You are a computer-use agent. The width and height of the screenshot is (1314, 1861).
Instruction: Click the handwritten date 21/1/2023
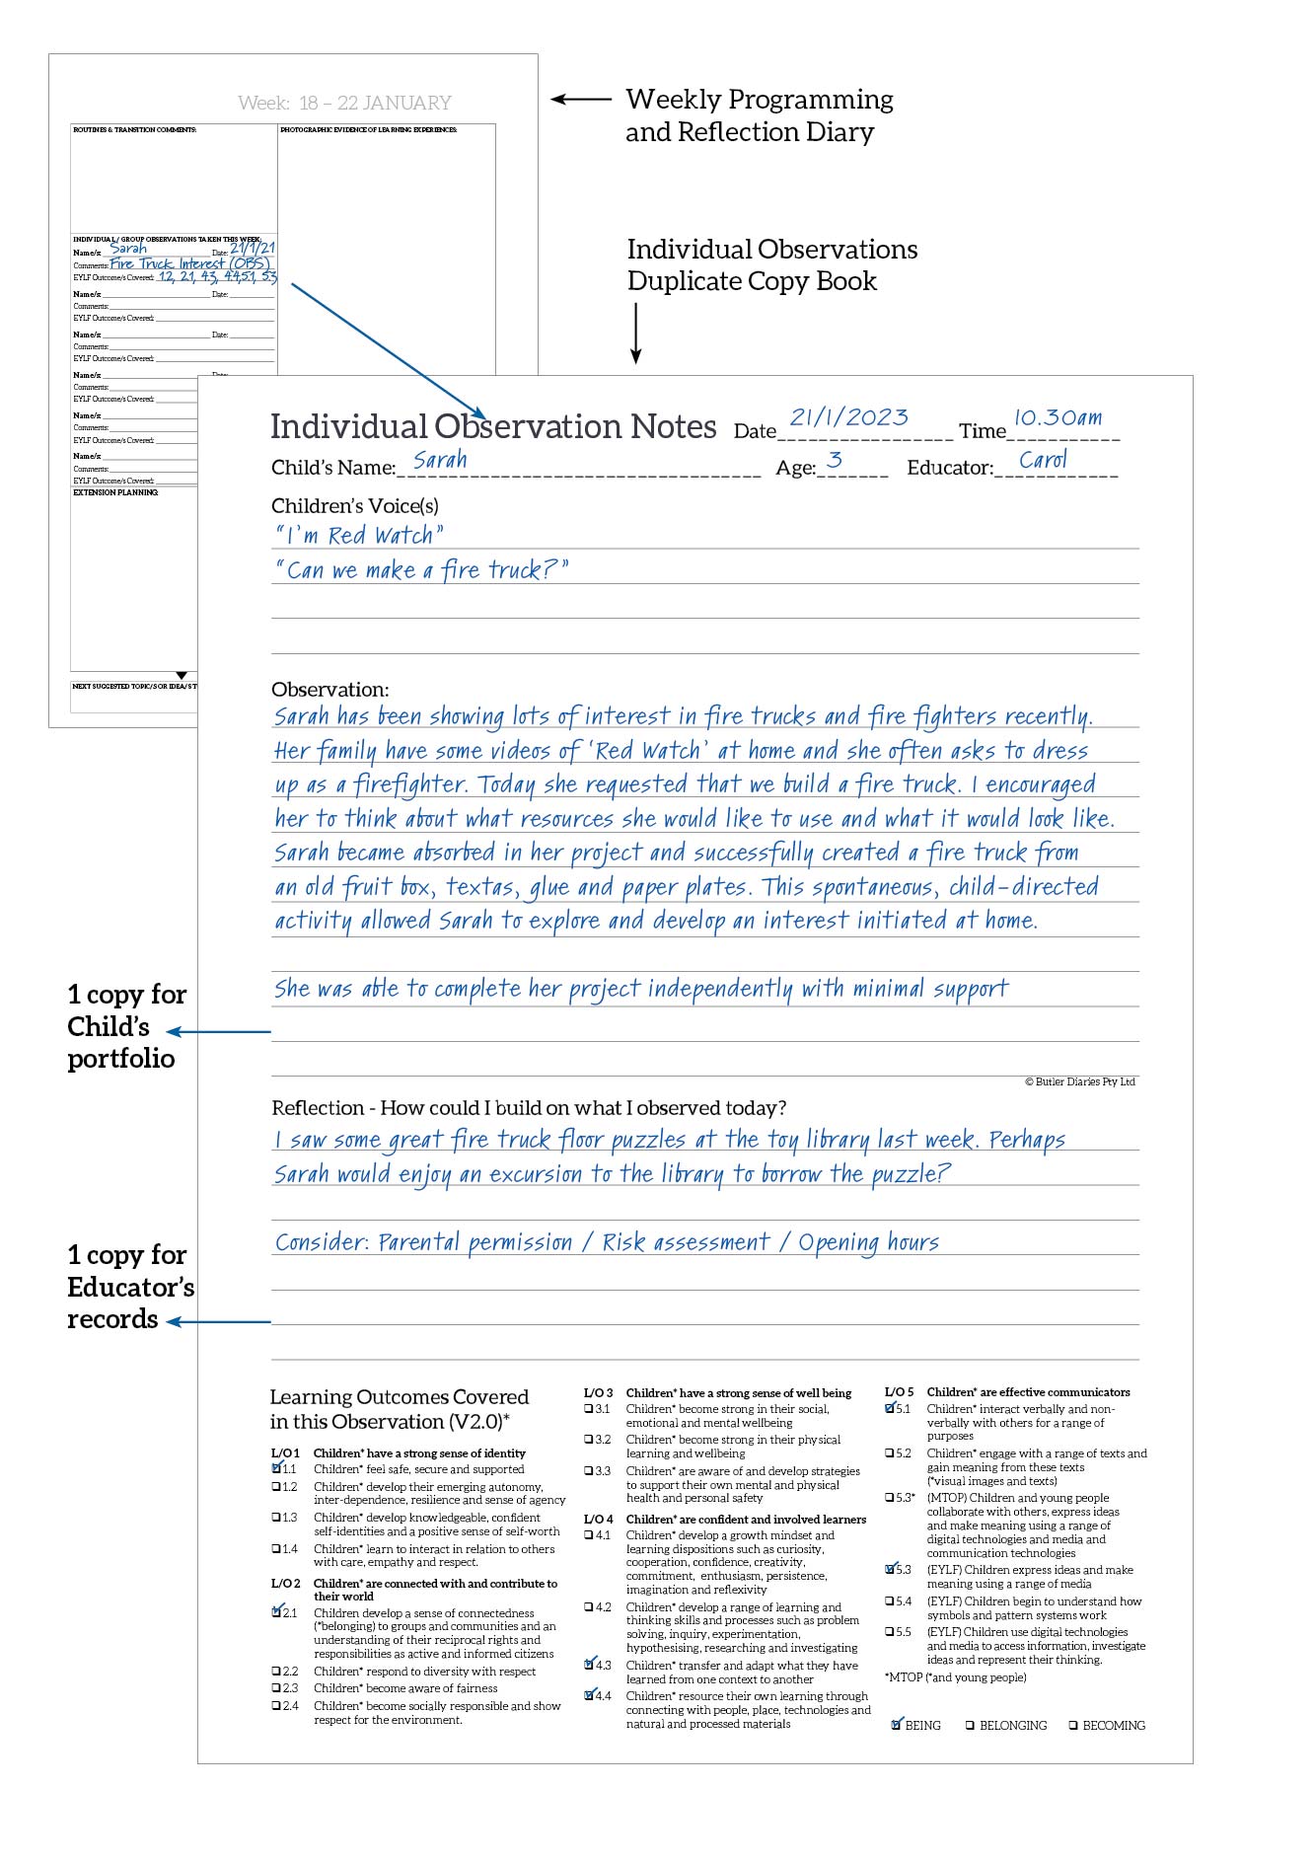pos(848,417)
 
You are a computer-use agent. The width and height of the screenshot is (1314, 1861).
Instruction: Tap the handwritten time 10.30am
pos(1058,417)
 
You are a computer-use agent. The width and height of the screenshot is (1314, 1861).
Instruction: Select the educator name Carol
pos(1043,460)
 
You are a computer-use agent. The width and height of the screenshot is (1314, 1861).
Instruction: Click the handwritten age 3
pos(835,460)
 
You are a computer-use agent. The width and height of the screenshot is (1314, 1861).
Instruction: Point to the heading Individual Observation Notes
pos(493,426)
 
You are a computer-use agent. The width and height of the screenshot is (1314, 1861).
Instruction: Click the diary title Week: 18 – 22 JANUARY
pos(344,103)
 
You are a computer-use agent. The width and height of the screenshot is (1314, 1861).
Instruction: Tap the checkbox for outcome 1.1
pos(277,1468)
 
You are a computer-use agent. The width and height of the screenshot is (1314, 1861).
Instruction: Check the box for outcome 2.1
pos(277,1612)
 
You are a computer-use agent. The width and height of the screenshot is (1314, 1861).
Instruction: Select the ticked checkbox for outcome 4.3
pos(590,1665)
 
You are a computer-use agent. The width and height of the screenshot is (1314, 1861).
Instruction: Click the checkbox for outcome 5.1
pos(891,1408)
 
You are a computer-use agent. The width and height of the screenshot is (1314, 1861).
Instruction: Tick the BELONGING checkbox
pos(970,1726)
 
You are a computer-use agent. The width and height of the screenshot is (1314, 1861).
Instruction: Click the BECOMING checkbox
pos(1072,1726)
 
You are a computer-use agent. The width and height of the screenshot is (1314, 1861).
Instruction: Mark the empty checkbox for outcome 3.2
pos(589,1440)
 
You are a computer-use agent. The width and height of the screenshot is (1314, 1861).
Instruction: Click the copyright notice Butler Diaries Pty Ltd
pos(1080,1081)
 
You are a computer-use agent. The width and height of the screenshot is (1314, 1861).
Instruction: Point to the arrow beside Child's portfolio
pos(218,1032)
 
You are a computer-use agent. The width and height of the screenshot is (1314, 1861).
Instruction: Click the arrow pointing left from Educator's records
pos(218,1321)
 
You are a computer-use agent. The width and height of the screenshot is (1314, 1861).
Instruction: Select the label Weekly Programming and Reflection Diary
pos(759,115)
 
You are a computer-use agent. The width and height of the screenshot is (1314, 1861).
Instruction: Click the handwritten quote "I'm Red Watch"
pos(359,536)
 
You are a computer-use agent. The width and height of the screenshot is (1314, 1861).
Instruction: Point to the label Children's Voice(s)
pos(355,506)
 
